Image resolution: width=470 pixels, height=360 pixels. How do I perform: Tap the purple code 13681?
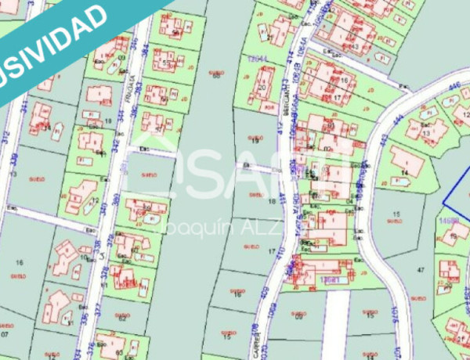[x=330, y=279]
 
